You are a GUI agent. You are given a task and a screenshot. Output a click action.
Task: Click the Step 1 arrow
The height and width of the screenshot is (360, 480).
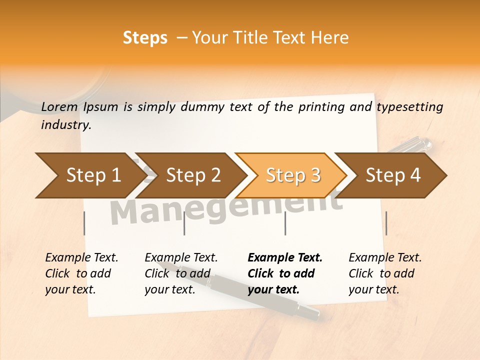click(93, 175)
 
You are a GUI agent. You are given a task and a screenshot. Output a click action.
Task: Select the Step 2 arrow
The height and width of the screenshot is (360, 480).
click(193, 175)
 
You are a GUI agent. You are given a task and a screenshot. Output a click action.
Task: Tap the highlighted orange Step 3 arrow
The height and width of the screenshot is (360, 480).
click(293, 175)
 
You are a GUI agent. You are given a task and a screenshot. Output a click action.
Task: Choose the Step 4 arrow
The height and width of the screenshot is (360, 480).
click(393, 175)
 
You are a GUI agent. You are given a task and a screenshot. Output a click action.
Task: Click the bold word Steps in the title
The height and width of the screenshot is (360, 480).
click(145, 38)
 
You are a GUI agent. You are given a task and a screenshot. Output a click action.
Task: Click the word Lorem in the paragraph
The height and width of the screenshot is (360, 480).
click(59, 107)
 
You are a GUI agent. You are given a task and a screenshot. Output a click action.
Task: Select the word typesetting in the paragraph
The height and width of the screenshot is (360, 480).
click(409, 107)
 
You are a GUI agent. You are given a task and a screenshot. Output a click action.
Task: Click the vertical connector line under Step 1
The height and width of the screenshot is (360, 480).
click(84, 223)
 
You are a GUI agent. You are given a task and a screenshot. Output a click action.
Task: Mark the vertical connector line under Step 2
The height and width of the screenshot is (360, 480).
click(184, 223)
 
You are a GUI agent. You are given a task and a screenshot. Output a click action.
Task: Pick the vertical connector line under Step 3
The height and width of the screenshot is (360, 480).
click(285, 223)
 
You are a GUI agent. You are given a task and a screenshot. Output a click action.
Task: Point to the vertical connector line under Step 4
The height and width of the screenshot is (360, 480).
click(386, 223)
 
